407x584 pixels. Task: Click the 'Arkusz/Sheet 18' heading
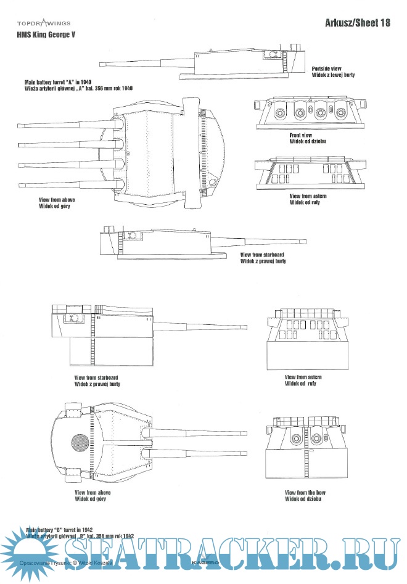tap(357, 23)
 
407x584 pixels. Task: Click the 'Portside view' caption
tap(327, 68)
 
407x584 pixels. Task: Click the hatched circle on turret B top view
tap(80, 443)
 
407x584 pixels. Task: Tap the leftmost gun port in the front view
tap(280, 113)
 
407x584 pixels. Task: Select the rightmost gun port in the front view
tap(339, 113)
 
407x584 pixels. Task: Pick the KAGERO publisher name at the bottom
tap(203, 563)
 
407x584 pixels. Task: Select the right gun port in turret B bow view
tap(317, 438)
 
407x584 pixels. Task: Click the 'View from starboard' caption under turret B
tap(96, 377)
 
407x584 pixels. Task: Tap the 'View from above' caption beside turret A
tap(57, 201)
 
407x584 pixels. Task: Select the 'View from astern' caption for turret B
tap(303, 377)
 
